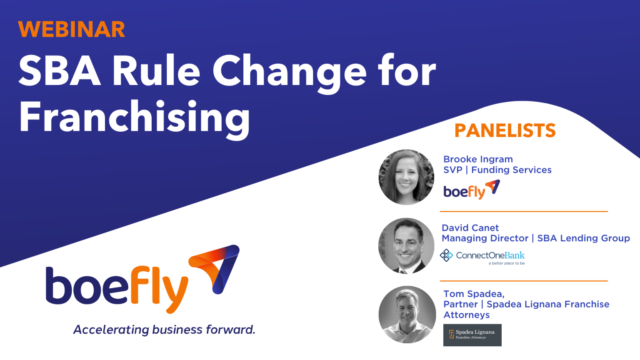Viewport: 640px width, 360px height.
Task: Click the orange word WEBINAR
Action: point(71,30)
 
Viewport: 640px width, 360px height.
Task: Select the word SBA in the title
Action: point(60,71)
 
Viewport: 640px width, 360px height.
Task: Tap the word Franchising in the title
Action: point(134,117)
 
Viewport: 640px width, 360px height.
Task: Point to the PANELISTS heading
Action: point(505,131)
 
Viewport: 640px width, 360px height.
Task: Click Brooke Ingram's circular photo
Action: point(406,177)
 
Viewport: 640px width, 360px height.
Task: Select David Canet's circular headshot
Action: point(406,246)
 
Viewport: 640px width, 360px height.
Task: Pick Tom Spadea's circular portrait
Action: point(407,315)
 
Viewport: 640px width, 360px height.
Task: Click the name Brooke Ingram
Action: point(478,159)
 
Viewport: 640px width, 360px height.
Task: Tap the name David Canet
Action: point(470,228)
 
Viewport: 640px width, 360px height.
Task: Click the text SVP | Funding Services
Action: point(497,170)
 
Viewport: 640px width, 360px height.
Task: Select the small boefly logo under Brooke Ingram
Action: point(471,190)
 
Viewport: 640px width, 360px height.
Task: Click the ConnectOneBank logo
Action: point(482,256)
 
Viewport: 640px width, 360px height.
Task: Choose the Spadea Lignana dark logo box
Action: point(472,335)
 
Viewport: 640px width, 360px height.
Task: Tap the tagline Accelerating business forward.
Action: point(164,330)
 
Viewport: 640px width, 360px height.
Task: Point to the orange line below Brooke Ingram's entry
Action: point(524,212)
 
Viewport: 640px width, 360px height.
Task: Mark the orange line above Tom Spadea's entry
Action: point(524,281)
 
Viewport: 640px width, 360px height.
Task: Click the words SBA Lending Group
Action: point(583,238)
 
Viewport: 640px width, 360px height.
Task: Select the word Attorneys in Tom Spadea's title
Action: point(466,315)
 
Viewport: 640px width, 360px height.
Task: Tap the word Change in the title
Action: point(289,71)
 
